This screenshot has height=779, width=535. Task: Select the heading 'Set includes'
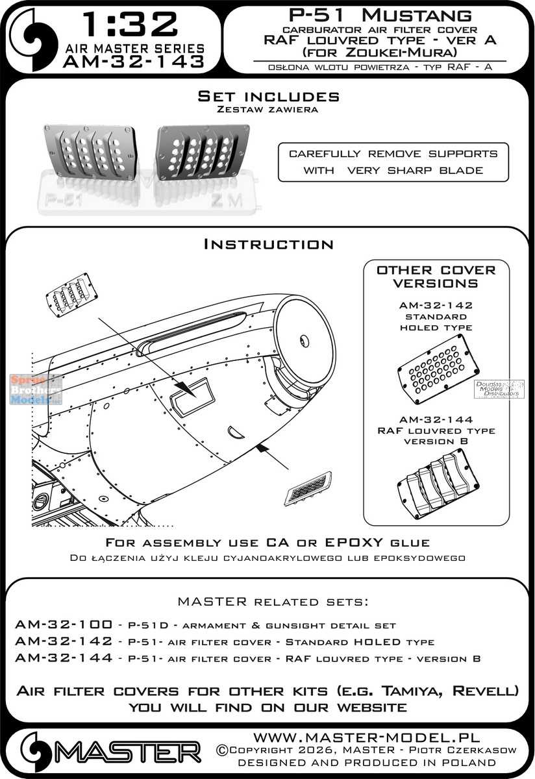tap(268, 96)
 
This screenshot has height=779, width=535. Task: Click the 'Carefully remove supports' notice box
tap(393, 162)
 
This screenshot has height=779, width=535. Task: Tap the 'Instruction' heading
tap(268, 244)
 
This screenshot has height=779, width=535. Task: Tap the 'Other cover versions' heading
tap(436, 276)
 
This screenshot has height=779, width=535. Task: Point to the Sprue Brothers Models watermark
tap(36, 389)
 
